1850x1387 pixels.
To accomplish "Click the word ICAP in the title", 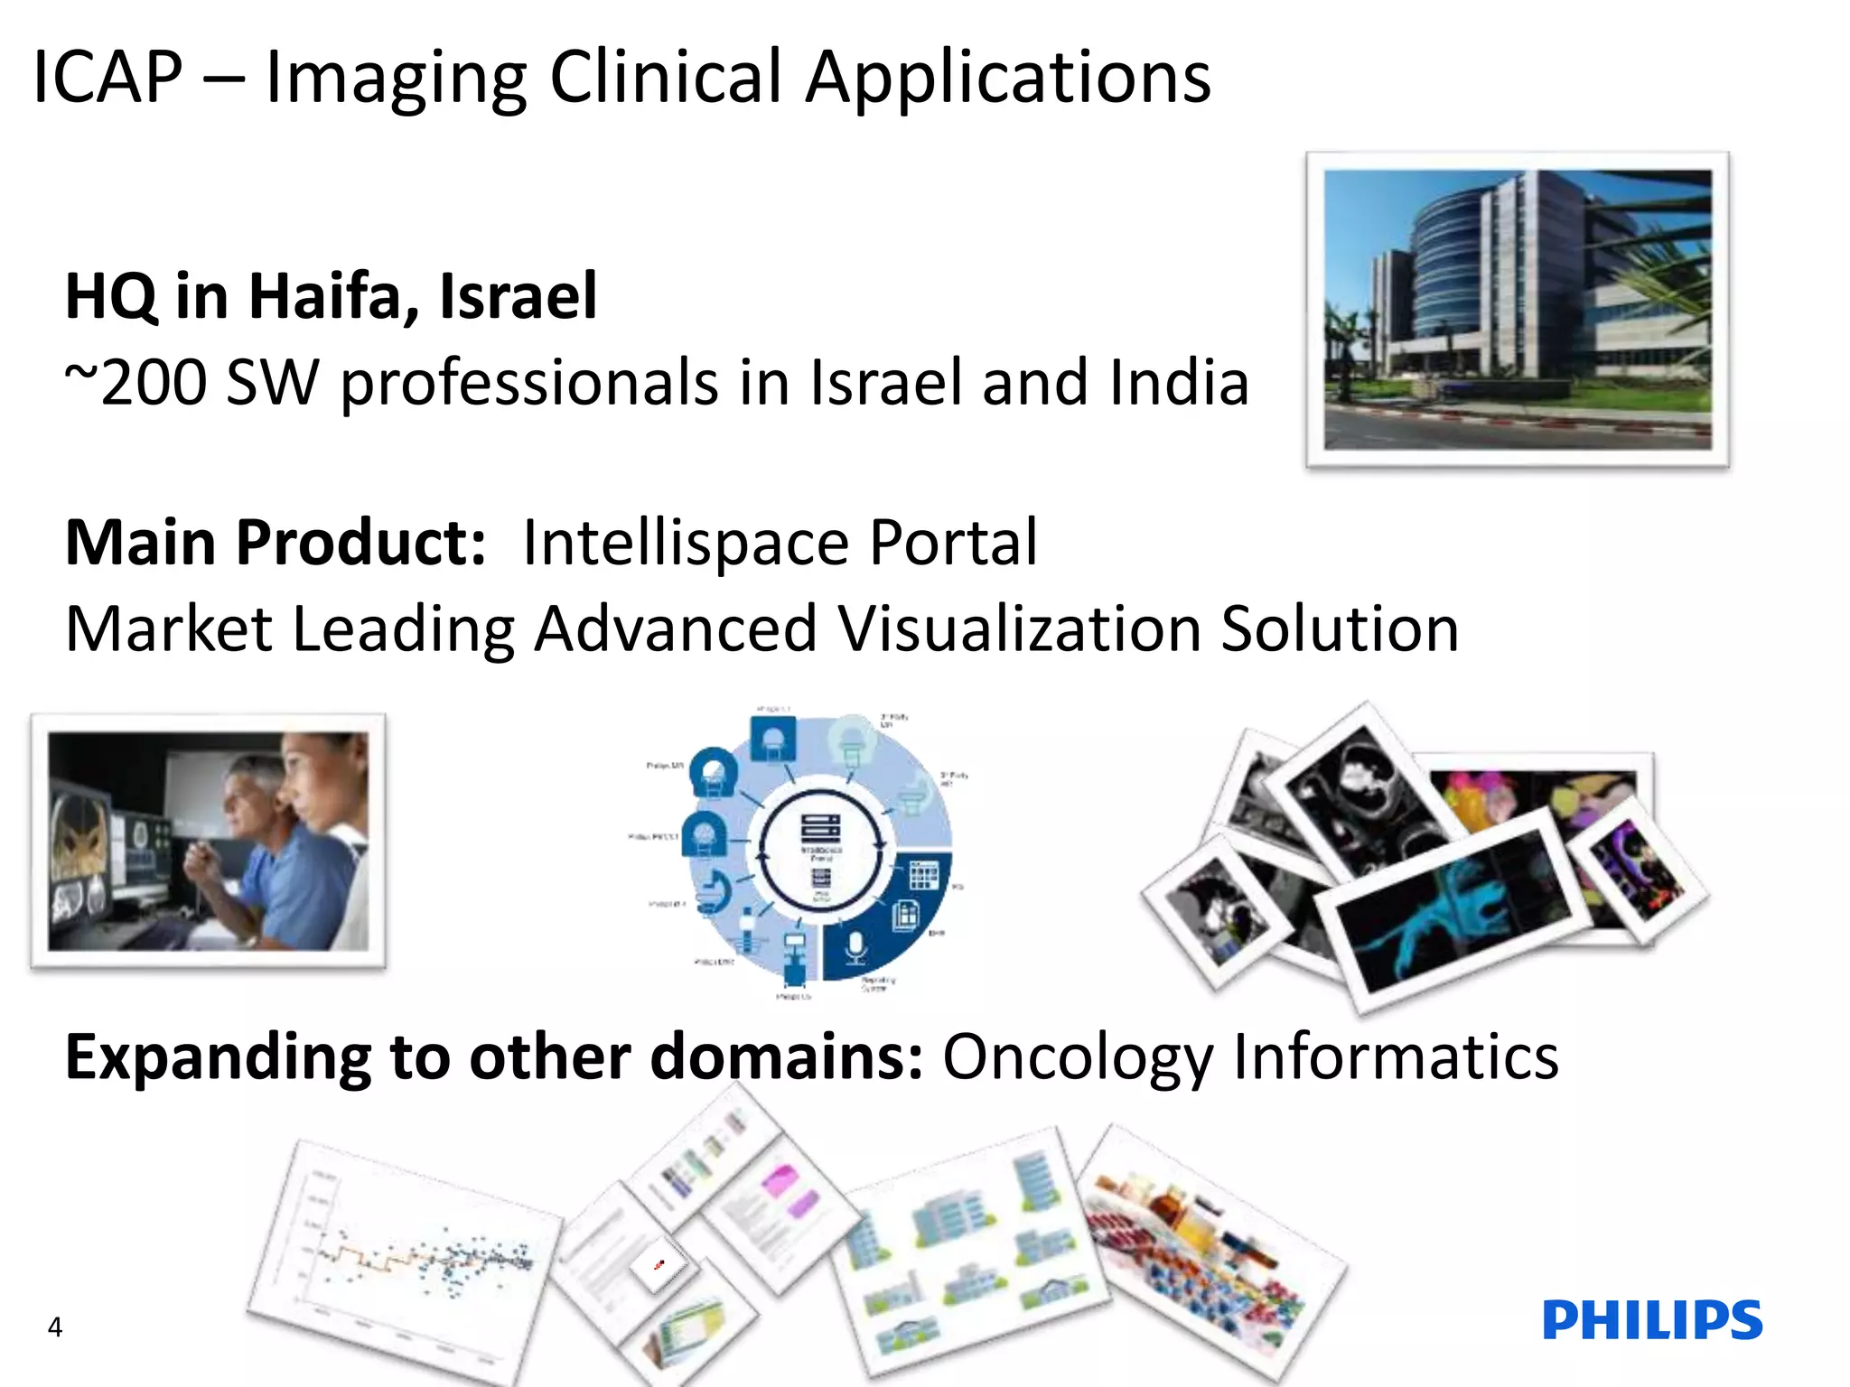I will [107, 79].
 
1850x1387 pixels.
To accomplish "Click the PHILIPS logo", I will [1652, 1320].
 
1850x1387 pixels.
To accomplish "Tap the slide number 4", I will [55, 1326].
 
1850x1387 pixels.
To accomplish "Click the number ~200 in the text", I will [135, 383].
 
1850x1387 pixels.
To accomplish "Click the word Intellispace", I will [685, 543].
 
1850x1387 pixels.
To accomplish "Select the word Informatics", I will [1396, 1057].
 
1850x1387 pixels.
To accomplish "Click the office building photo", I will [1517, 309].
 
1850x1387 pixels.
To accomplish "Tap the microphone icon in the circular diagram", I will [855, 947].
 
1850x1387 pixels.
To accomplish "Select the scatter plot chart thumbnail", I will [406, 1255].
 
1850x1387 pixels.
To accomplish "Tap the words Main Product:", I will [276, 543].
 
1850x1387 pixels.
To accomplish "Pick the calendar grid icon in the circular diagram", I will [923, 874].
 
